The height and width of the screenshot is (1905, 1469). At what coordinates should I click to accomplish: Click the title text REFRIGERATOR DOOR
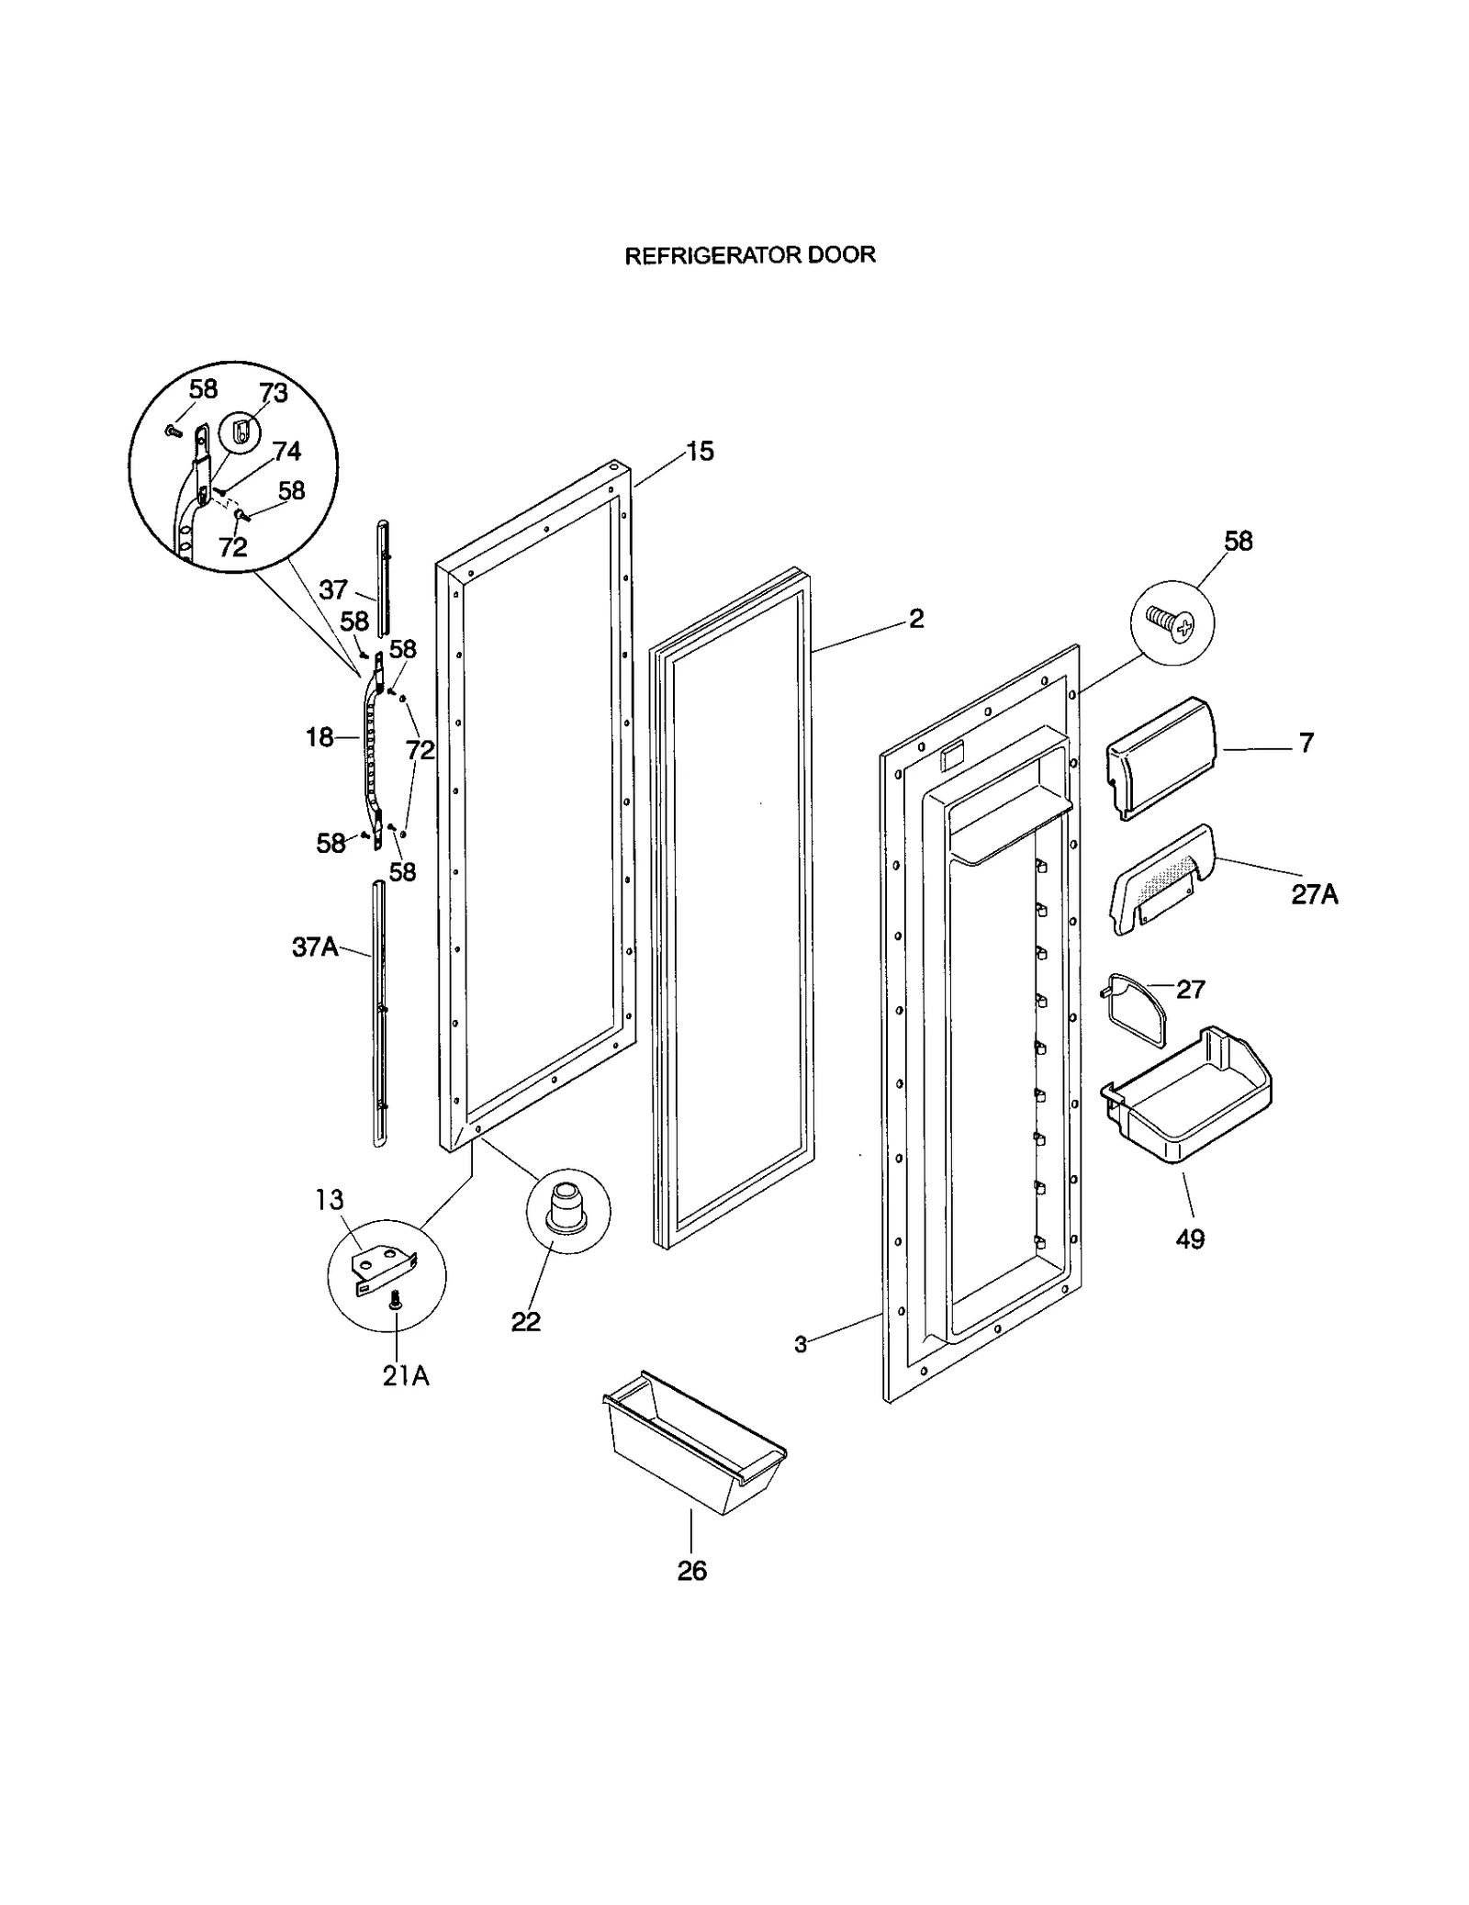[x=749, y=255]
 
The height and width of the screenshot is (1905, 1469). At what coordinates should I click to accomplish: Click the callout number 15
[x=700, y=452]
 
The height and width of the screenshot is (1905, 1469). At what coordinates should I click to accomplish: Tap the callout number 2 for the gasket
[x=915, y=619]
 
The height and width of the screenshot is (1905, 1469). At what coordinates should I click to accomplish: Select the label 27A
[x=1314, y=895]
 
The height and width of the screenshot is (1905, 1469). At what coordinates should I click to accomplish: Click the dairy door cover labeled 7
[x=1161, y=756]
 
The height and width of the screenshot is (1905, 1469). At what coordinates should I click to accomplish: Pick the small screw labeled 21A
[x=397, y=1300]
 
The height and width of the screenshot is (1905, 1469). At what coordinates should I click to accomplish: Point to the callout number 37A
[x=315, y=947]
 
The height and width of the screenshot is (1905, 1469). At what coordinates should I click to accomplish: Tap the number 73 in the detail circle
[x=274, y=393]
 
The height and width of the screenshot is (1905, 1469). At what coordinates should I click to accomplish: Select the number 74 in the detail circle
[x=286, y=451]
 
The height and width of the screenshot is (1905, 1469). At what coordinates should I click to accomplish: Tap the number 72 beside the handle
[x=420, y=750]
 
